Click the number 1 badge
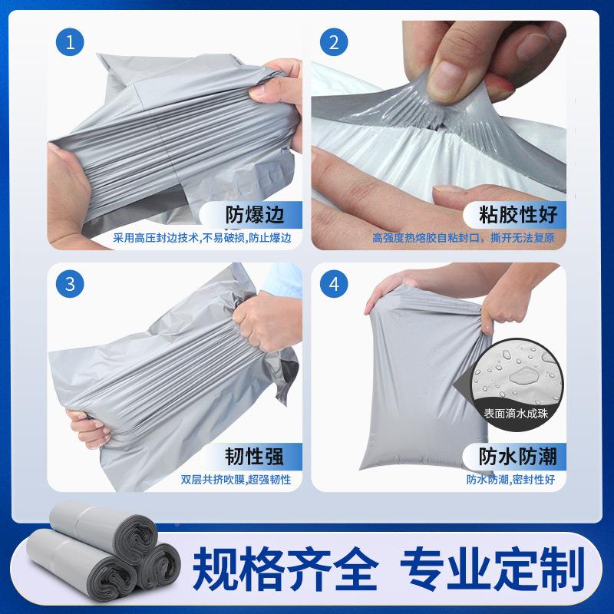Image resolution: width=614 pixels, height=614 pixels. click(x=71, y=42)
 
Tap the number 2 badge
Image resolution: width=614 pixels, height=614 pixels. click(x=333, y=42)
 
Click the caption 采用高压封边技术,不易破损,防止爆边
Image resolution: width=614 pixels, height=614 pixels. click(x=203, y=238)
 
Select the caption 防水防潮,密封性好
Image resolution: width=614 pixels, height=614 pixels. click(x=510, y=480)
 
